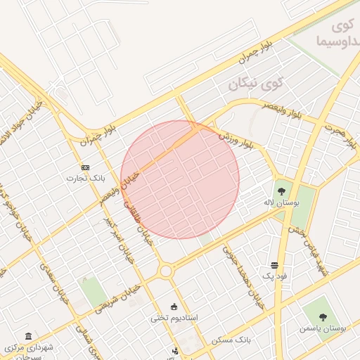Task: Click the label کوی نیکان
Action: (255, 85)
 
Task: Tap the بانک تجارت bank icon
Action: (85, 167)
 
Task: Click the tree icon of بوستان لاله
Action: (281, 190)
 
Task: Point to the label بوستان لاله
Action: (281, 202)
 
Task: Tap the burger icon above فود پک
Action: (274, 265)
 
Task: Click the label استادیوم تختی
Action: (174, 318)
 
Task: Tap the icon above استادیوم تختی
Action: (174, 307)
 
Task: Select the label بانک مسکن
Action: (231, 340)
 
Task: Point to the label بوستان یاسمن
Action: (321, 328)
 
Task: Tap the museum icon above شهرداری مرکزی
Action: (27, 336)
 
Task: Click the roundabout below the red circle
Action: (166, 271)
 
